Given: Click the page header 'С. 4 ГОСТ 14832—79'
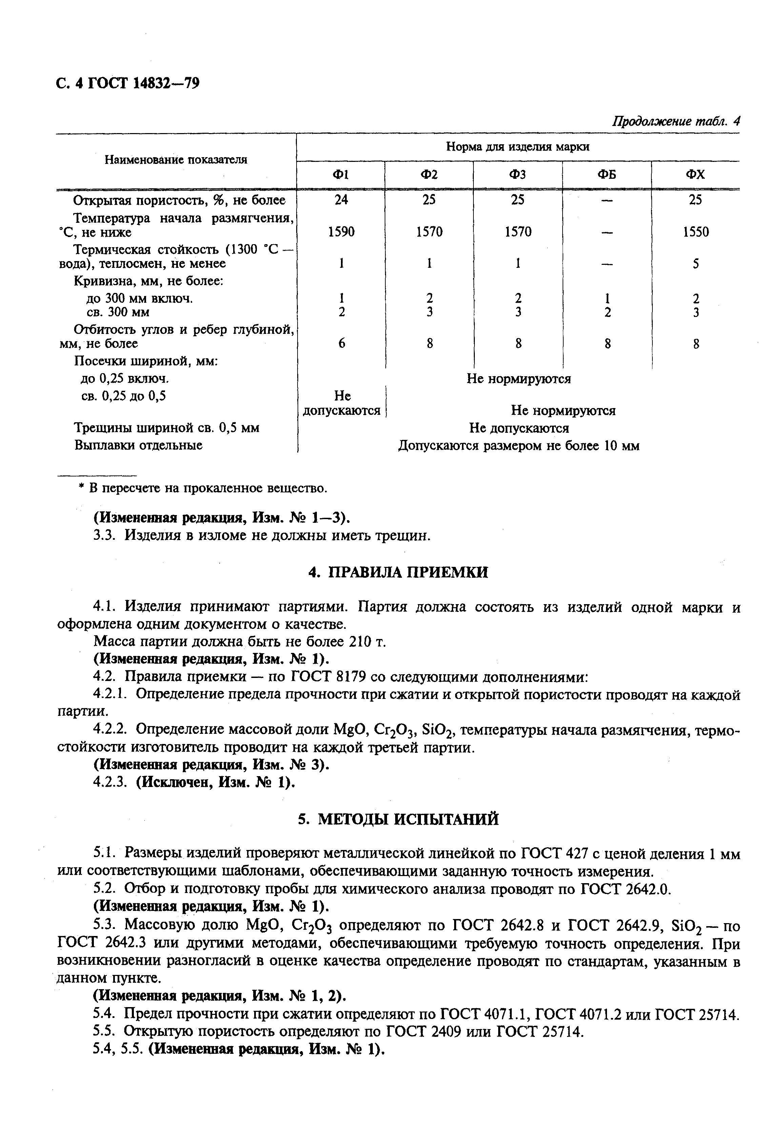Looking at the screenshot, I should click(x=128, y=84).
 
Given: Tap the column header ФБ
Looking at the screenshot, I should click(x=607, y=174).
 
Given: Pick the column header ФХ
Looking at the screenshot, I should click(x=696, y=174).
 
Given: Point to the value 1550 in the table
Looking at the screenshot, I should click(x=696, y=232).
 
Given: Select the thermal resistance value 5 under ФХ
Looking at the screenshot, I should click(x=696, y=264).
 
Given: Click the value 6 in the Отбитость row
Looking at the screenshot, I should click(x=342, y=343).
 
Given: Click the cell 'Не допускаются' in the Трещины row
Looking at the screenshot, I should click(x=518, y=428).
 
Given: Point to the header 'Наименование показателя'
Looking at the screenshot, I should click(x=176, y=159).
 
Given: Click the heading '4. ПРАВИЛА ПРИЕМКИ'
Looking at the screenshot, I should click(x=398, y=572).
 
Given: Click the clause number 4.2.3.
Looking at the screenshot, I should click(x=110, y=783).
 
